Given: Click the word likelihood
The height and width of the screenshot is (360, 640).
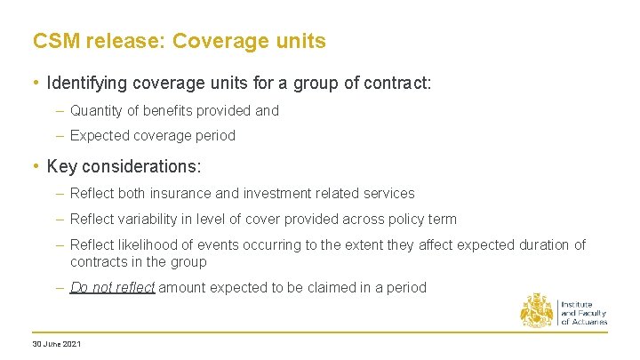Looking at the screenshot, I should coord(149,244).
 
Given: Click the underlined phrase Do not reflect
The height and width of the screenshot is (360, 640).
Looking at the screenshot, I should coord(112,288).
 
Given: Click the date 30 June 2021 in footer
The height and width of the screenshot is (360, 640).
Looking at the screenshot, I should coord(56,344).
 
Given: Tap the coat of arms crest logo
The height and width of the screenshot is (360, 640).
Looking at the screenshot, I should coord(537,310).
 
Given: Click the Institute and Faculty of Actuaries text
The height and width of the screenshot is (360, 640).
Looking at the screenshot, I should coord(583,313).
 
